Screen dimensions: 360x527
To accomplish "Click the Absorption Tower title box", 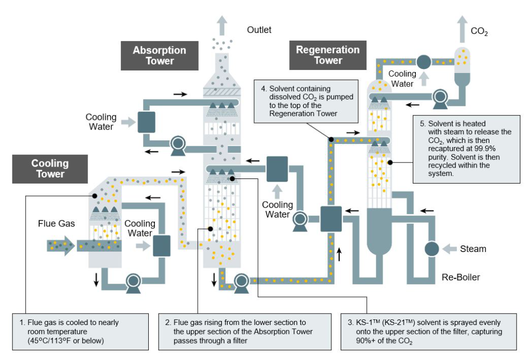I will pos(160,56).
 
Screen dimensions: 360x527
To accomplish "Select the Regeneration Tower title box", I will pos(328,55).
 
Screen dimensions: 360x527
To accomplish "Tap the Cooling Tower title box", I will pos(50,169).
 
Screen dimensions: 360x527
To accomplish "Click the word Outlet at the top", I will pos(259,30).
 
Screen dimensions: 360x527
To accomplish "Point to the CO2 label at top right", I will pos(479,32).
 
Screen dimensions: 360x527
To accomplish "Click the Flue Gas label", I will pos(56,224).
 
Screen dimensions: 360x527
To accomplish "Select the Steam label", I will pos(473,249).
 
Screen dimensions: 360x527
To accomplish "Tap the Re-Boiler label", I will pos(461,278).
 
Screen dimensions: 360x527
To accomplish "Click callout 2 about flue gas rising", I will pos(246,332).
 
